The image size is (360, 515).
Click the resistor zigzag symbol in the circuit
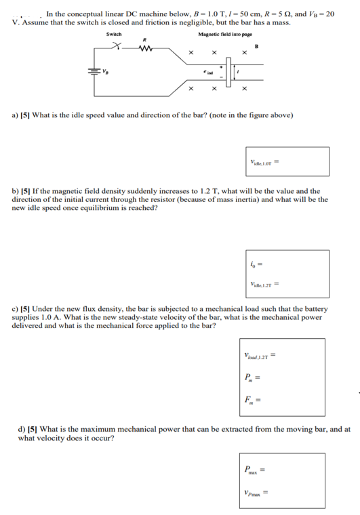(144, 48)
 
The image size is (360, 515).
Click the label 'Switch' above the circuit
(114, 34)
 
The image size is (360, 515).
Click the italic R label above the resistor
(143, 39)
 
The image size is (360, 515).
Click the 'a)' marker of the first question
(15, 116)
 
